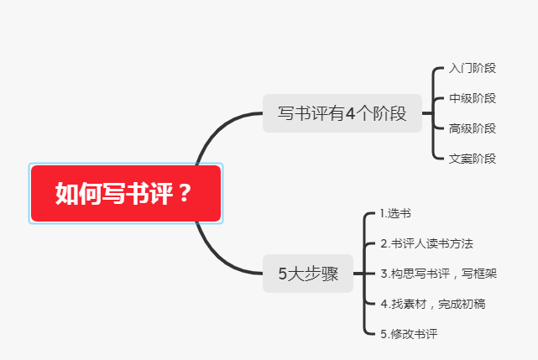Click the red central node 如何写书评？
[x=125, y=193]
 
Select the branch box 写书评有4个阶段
[x=342, y=113]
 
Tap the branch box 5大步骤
[x=308, y=273]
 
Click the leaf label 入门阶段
[x=473, y=68]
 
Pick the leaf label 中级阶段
[x=473, y=98]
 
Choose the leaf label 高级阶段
[x=473, y=128]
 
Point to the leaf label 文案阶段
[x=473, y=158]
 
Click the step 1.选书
[x=395, y=213]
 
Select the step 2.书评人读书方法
[x=426, y=243]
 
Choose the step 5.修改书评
[x=409, y=334]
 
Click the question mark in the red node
[x=185, y=194]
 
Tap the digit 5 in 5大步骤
[x=283, y=274]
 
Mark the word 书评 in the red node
[x=149, y=194]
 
